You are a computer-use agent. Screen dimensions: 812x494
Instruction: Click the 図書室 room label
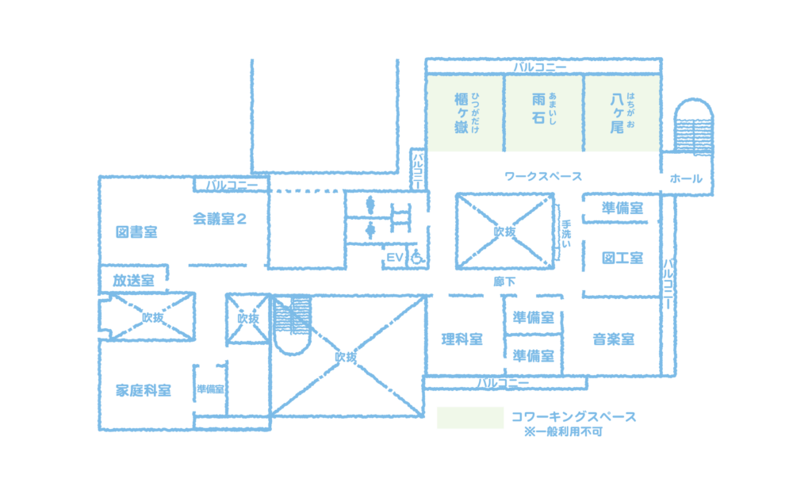(136, 232)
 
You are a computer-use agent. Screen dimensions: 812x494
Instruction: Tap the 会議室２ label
(220, 219)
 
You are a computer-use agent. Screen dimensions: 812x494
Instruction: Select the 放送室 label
(133, 281)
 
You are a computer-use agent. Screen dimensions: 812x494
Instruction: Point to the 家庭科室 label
(144, 390)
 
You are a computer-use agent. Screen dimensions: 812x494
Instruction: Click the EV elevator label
(395, 258)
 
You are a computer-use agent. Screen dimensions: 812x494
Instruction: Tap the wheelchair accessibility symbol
(417, 257)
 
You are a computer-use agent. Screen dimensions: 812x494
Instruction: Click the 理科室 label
(462, 339)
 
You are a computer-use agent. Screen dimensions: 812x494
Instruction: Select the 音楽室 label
(614, 339)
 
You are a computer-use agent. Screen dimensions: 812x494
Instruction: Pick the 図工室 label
(622, 258)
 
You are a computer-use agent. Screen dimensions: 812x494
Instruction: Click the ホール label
(686, 178)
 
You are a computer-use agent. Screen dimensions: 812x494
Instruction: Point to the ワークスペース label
(543, 177)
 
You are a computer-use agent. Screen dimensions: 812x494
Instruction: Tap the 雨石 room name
(538, 108)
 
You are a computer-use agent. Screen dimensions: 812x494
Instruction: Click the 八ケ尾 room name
(617, 113)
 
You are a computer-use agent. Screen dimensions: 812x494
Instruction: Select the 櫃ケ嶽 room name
(461, 113)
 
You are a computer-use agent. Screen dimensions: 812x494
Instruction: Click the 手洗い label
(566, 234)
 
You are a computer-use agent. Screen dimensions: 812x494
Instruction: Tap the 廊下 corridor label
(504, 281)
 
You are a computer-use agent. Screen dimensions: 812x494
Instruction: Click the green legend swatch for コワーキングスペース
(470, 418)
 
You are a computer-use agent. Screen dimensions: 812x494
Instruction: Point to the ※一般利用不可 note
(564, 432)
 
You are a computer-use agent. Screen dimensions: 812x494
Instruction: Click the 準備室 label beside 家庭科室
(210, 389)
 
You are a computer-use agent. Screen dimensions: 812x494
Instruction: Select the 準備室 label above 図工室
(622, 209)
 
